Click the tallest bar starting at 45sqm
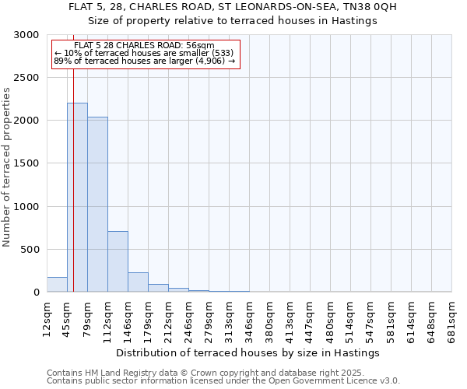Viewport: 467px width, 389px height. tap(77, 198)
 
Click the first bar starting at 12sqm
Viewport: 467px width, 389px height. tap(57, 285)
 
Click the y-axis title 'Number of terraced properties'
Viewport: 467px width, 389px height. tap(7, 167)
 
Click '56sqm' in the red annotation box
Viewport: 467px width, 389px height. tap(200, 46)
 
